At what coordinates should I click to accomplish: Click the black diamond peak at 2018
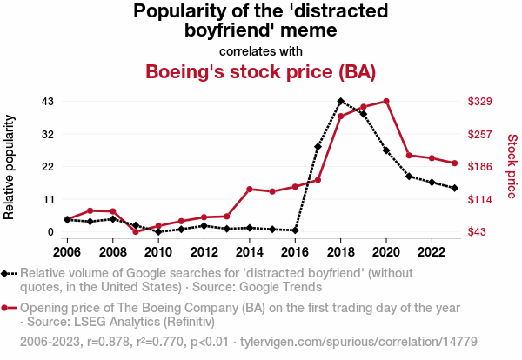341,102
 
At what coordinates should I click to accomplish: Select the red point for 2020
386,102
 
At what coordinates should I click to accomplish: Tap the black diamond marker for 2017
318,147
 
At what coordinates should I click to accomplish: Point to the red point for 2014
250,189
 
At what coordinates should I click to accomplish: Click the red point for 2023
454,163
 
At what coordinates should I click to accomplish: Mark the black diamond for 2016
296,230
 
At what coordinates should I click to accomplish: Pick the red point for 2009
136,231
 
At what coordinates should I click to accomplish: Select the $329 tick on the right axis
480,102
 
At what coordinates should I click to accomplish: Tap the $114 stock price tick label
480,199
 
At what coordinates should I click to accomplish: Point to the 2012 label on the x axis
204,252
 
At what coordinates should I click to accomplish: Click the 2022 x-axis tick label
432,252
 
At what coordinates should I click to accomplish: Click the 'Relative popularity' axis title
10,165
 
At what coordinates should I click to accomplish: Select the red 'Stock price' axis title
512,165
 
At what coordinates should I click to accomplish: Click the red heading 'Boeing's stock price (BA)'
261,71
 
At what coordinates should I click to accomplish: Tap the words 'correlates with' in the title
261,50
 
